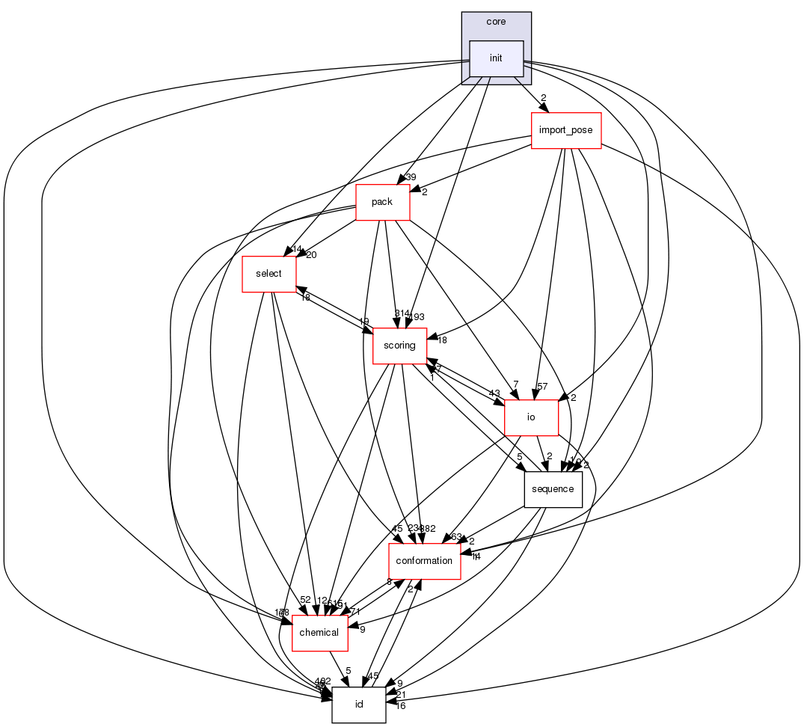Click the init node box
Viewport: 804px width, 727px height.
pos(495,58)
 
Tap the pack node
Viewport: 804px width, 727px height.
pos(382,202)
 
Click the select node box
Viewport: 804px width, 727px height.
pos(268,274)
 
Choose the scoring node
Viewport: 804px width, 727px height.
pos(399,346)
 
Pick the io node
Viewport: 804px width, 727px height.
pos(531,417)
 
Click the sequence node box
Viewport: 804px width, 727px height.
pos(553,489)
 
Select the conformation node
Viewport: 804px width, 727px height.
pos(424,561)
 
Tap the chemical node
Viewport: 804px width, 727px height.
pos(319,633)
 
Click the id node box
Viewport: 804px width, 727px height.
pos(358,705)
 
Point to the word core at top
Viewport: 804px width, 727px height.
pos(496,22)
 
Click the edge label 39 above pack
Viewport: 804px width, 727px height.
pos(411,177)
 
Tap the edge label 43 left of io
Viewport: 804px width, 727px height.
pos(494,394)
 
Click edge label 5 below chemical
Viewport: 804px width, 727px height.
pos(348,671)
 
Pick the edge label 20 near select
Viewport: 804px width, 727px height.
pos(311,254)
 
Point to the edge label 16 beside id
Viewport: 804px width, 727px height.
pos(400,706)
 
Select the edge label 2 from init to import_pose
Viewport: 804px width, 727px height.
pos(544,98)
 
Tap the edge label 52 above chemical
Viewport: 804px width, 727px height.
pos(305,599)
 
